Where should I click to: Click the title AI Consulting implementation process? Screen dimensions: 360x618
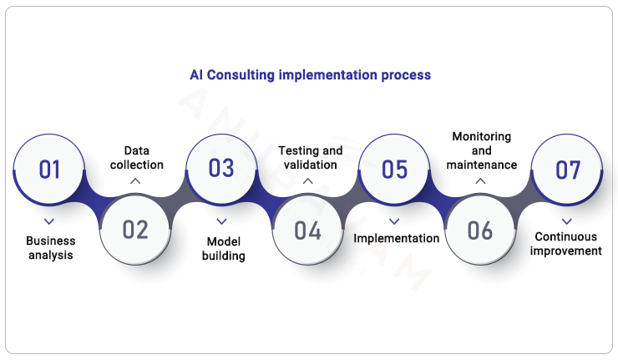point(310,75)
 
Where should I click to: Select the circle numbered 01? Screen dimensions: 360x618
point(49,170)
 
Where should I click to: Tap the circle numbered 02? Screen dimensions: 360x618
point(135,229)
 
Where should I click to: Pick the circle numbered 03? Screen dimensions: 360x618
point(221,170)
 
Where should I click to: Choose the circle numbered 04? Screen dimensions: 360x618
point(307,229)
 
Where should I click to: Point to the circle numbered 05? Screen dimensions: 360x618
point(394,170)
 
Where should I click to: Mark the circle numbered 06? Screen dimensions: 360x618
point(480,229)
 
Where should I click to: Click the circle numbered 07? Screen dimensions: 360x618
point(567,170)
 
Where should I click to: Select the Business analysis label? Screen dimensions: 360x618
point(50,247)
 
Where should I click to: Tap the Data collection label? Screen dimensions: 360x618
point(136,157)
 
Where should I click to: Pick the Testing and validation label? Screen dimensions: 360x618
point(310,157)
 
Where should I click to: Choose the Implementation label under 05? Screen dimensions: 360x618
point(396,239)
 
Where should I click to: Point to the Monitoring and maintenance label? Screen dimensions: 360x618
point(481,150)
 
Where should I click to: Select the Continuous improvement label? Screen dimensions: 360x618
point(568,243)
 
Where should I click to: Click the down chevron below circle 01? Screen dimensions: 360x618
point(49,221)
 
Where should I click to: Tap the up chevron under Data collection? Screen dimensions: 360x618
point(136,180)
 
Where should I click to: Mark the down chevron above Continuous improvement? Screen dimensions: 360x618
point(567,221)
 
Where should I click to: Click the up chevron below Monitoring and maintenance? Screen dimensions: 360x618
point(480,180)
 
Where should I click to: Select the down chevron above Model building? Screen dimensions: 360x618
point(222,221)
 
